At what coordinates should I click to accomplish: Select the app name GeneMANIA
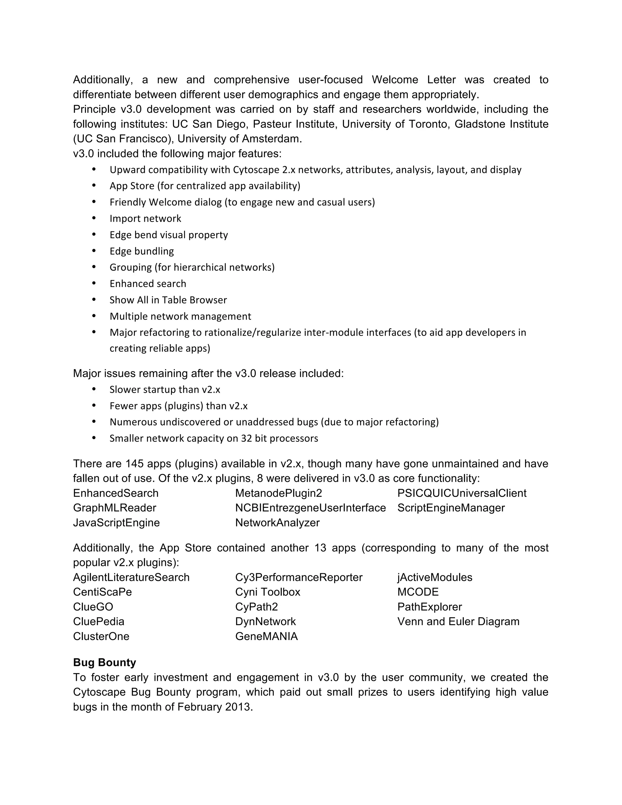[x=266, y=636]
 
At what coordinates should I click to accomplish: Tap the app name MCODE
[x=418, y=592]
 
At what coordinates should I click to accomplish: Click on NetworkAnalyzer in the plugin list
[x=277, y=523]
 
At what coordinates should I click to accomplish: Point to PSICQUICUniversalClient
[x=462, y=493]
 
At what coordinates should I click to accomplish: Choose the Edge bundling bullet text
[x=142, y=251]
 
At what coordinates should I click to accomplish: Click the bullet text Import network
[x=145, y=219]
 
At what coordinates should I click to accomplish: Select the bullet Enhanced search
[x=148, y=283]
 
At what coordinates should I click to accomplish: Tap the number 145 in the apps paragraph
[x=135, y=464]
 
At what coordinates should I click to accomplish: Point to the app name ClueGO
[x=93, y=607]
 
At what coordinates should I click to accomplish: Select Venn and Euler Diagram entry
[x=458, y=622]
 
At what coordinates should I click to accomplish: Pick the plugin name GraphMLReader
[x=114, y=508]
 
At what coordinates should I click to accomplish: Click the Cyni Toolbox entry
[x=268, y=592]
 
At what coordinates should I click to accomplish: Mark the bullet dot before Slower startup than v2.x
[x=94, y=389]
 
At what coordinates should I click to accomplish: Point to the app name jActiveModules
[x=434, y=577]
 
